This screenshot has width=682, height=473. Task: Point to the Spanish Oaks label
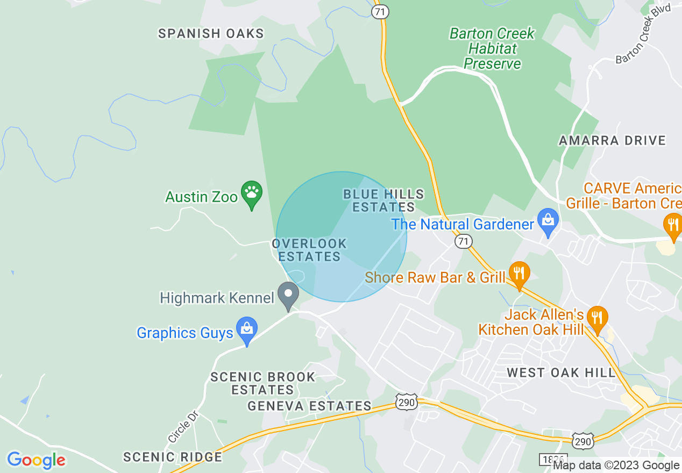(x=211, y=33)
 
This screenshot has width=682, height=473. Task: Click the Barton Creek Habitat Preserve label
(x=492, y=48)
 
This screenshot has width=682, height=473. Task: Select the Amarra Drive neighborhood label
(x=612, y=141)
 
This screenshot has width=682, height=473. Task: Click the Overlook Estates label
(x=309, y=250)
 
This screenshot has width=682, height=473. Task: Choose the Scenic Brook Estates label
(x=262, y=383)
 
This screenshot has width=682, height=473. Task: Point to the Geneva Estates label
(x=309, y=406)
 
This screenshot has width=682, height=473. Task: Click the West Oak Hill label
(x=561, y=372)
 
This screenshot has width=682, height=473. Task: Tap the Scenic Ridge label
(x=173, y=457)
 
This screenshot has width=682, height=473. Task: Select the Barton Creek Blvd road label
(x=643, y=33)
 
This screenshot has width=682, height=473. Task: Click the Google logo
(x=36, y=460)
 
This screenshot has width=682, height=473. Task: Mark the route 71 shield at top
(x=380, y=12)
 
